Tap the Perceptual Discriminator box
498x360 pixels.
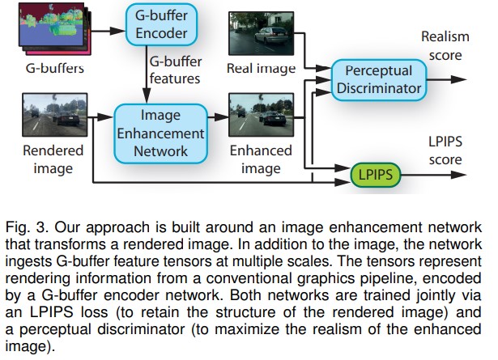[378, 80]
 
